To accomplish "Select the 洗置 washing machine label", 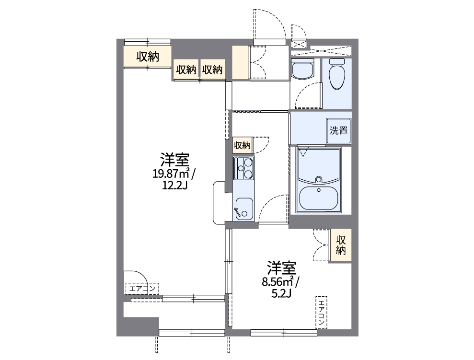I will click(x=338, y=130).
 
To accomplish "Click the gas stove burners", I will click(x=243, y=168).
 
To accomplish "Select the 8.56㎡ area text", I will click(x=280, y=281).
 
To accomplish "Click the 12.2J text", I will click(x=174, y=185).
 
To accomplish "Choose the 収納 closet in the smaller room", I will click(x=341, y=245).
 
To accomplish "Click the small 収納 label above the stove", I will click(x=242, y=145).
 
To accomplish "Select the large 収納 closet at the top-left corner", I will click(x=148, y=57).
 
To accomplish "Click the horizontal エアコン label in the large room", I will click(x=142, y=289).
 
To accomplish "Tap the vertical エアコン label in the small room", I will click(x=321, y=312).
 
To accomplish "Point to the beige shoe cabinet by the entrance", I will click(x=240, y=62).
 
